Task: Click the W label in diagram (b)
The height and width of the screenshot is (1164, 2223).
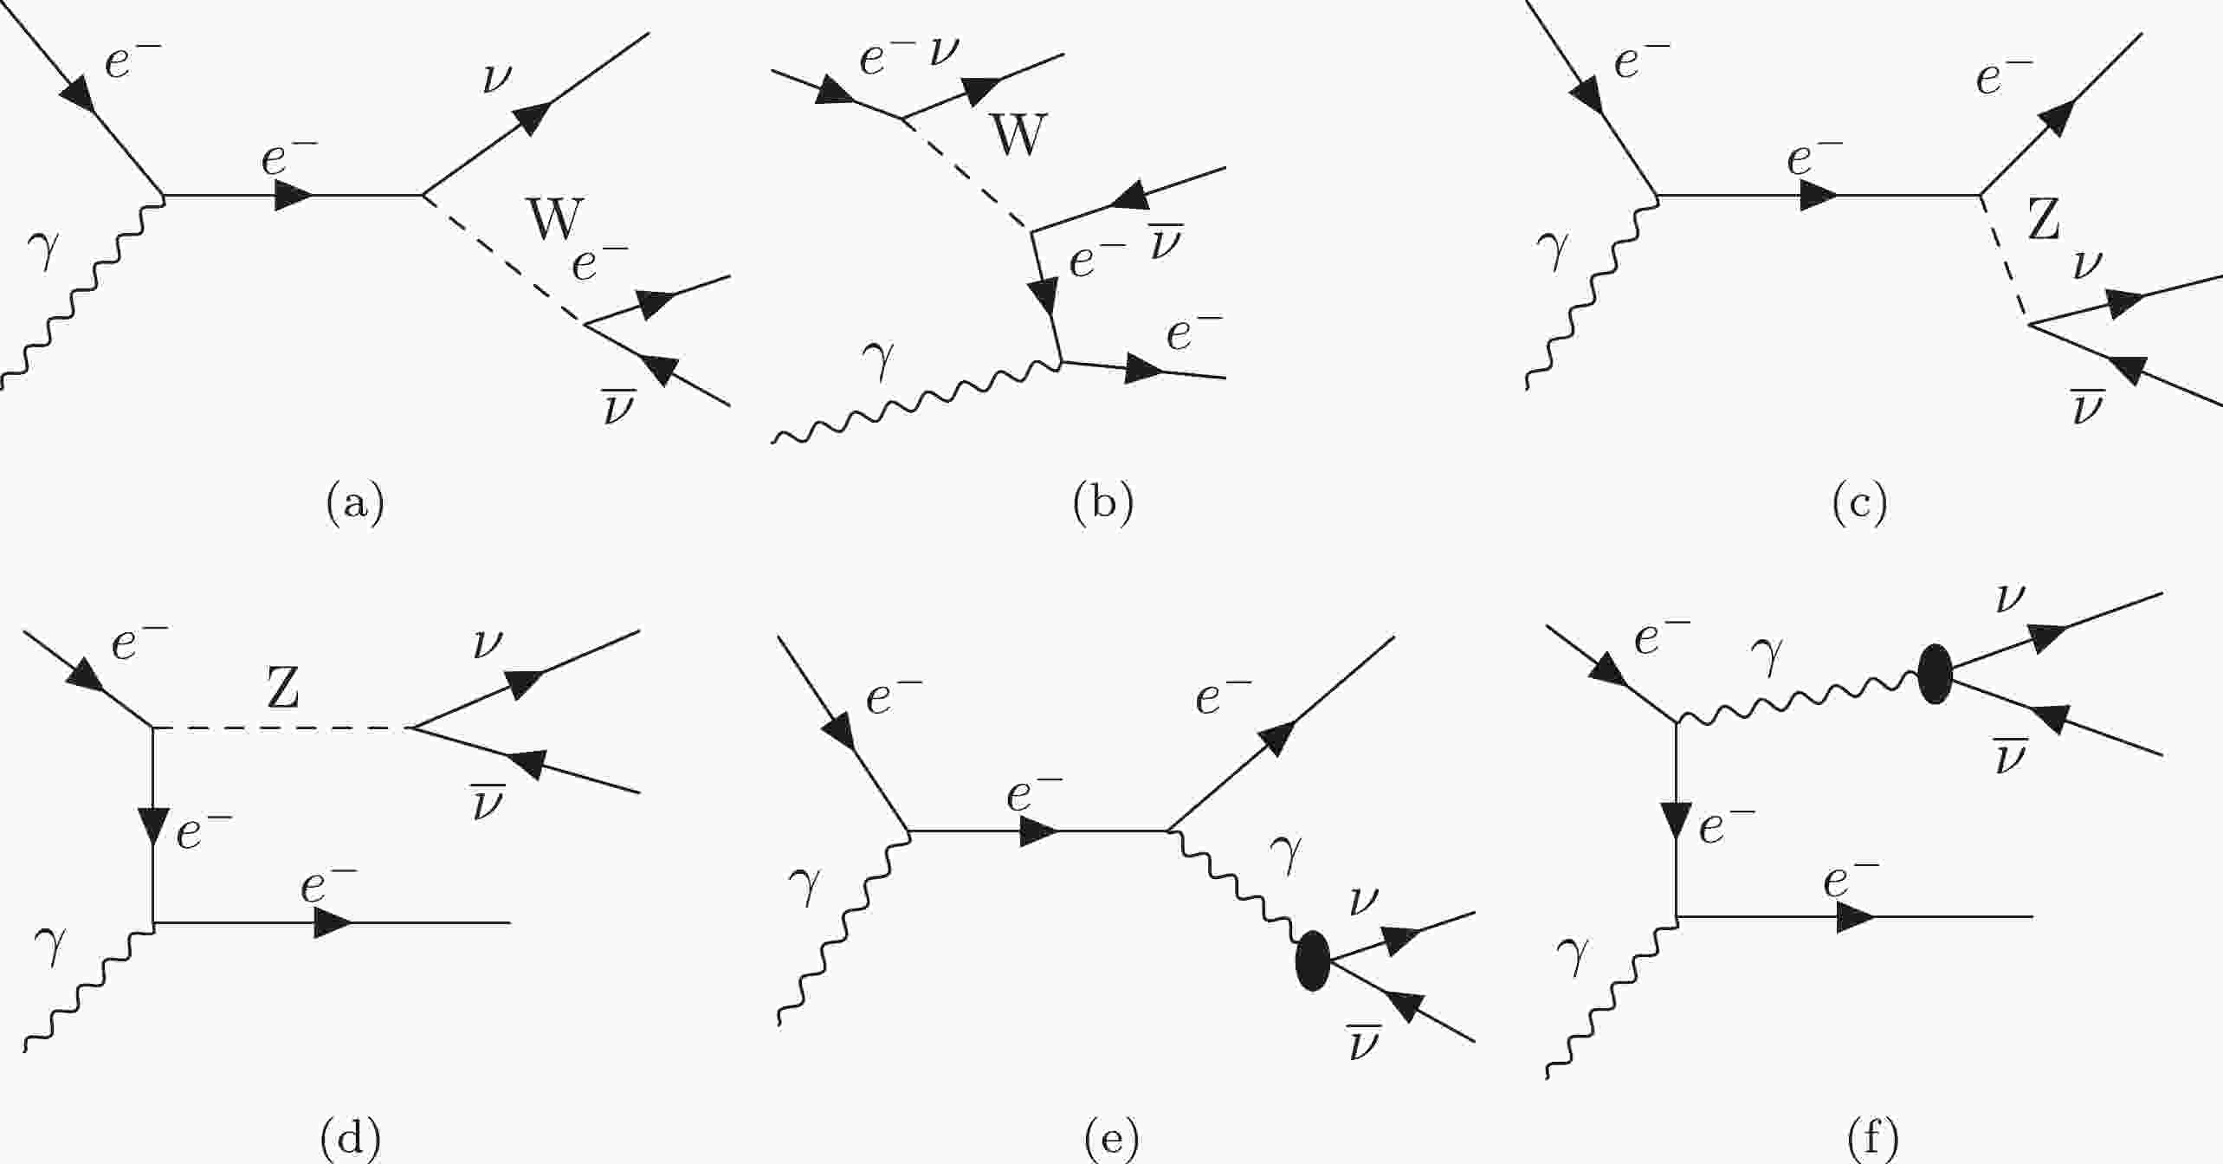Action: pyautogui.click(x=1018, y=135)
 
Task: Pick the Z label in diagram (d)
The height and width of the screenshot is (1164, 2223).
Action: pyautogui.click(x=282, y=689)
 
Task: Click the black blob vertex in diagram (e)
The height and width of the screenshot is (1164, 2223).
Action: pyautogui.click(x=1312, y=960)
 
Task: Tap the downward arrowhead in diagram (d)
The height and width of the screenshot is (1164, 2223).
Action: pyautogui.click(x=152, y=826)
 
